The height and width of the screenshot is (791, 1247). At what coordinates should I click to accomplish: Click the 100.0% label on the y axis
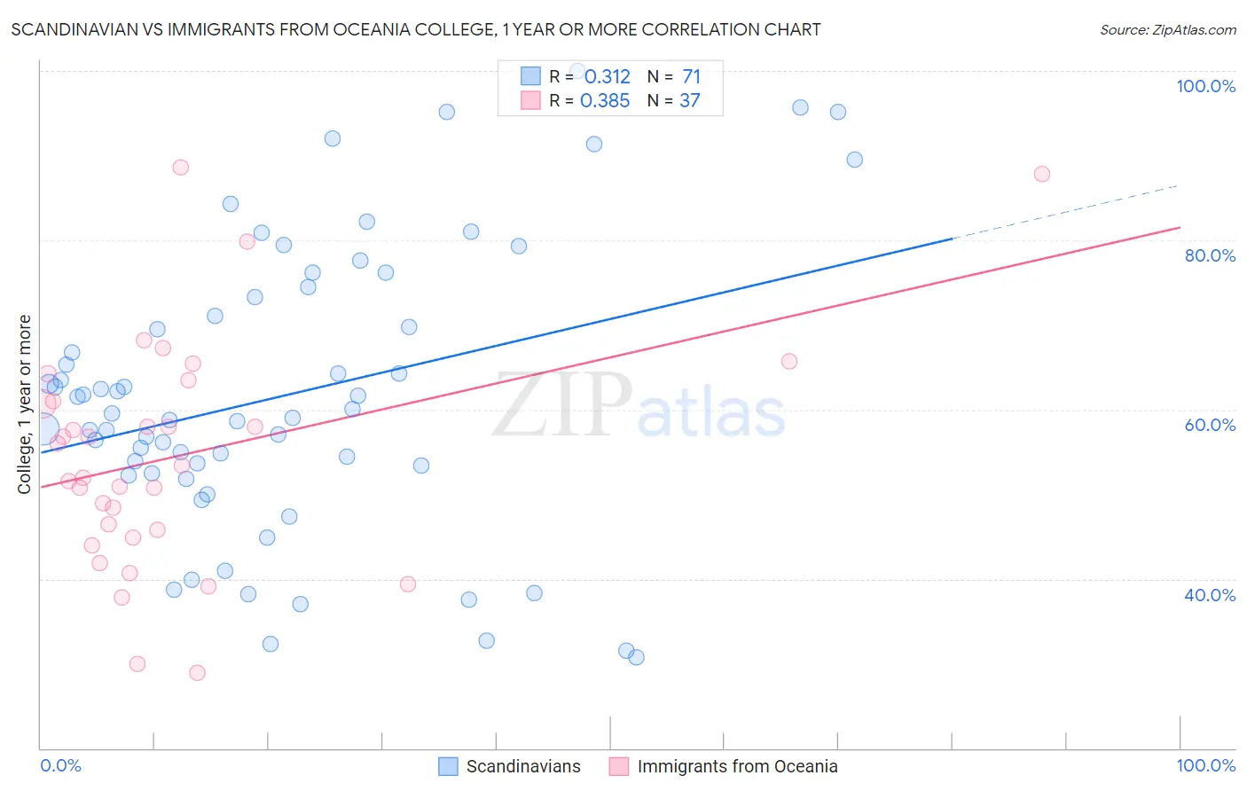(x=1205, y=86)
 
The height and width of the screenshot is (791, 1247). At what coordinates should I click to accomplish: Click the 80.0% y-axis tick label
(x=1209, y=255)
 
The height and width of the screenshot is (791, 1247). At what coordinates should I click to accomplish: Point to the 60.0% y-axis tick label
(x=1209, y=425)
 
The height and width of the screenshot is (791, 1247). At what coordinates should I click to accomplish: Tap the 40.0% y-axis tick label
(x=1209, y=595)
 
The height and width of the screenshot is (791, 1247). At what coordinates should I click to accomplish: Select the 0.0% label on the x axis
(x=60, y=765)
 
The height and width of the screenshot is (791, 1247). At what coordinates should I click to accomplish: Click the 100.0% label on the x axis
(x=1205, y=765)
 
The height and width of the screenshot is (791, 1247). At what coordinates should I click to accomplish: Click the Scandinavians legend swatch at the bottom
(x=449, y=766)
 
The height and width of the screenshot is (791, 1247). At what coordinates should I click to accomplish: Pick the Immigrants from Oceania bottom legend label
(x=737, y=766)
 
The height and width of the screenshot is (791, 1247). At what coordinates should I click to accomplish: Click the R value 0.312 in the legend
(x=607, y=77)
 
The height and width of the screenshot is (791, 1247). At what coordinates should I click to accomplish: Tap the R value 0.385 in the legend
(x=605, y=101)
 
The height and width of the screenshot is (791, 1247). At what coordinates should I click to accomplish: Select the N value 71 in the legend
(x=691, y=77)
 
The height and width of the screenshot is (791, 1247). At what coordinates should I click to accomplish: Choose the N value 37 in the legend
(x=689, y=101)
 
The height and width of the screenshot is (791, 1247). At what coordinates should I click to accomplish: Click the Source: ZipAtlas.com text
(x=1167, y=30)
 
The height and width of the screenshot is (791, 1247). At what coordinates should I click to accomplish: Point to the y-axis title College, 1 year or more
(x=25, y=404)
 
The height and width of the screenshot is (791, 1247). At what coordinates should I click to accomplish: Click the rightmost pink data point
(x=1042, y=174)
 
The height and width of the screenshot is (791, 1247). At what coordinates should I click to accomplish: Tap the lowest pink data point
(x=197, y=673)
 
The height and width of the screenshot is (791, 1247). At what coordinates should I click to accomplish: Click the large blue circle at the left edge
(x=42, y=428)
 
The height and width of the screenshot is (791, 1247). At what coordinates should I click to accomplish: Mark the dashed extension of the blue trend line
(x=1064, y=213)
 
